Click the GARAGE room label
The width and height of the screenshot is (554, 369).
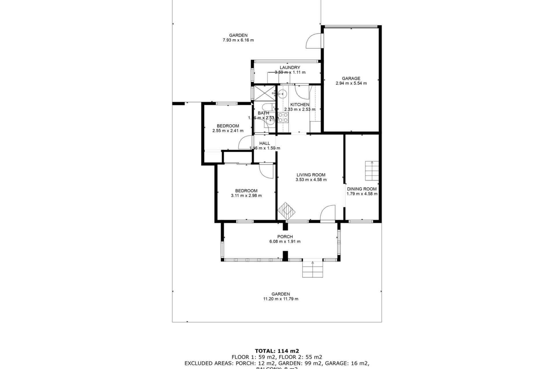[351, 78]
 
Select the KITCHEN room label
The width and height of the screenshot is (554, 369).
[300, 105]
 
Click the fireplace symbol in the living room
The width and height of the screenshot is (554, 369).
[286, 212]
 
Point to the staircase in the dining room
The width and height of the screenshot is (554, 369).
[372, 171]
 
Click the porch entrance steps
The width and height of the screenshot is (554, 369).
[312, 269]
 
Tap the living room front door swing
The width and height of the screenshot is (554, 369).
[328, 213]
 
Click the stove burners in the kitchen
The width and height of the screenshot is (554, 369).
[283, 118]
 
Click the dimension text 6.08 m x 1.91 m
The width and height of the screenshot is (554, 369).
[285, 242]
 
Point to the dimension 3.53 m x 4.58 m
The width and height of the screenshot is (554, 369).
[311, 180]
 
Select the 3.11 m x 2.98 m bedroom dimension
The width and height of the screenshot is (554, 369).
[246, 195]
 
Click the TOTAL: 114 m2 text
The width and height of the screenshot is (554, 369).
[277, 351]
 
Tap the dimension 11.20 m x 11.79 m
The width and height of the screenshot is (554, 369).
[280, 299]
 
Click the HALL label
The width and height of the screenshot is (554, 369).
[265, 143]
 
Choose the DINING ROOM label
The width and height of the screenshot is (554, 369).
[362, 189]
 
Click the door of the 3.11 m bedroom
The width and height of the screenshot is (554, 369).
[266, 171]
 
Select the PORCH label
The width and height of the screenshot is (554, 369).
[285, 237]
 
